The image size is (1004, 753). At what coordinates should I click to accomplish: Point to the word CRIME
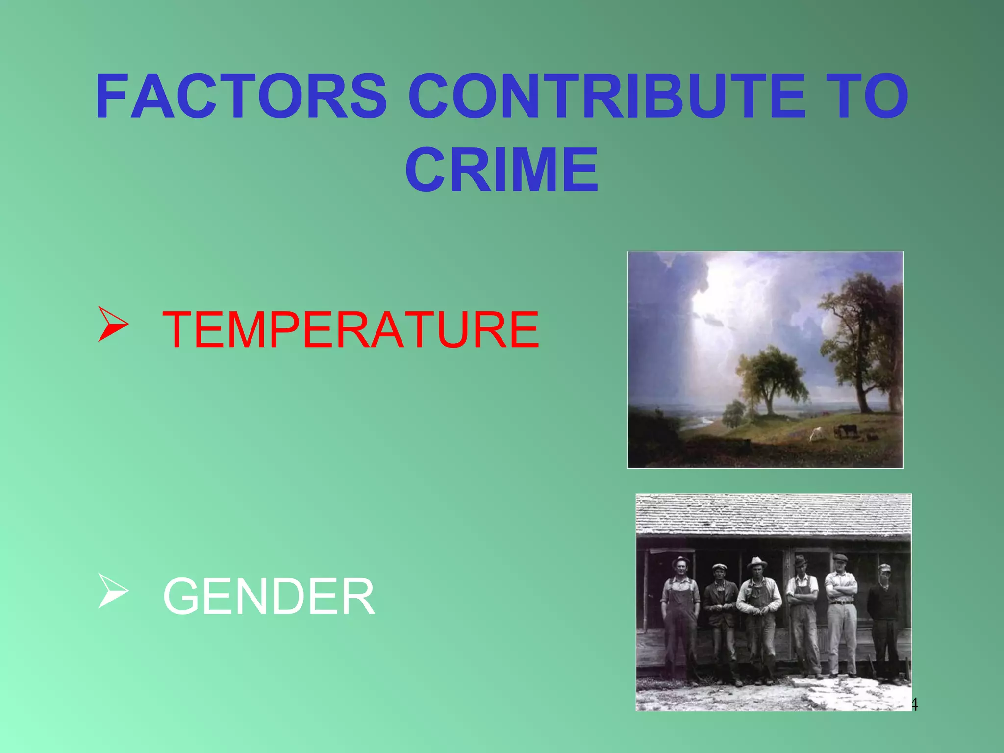coord(502,170)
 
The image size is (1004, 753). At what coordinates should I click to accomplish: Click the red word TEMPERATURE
coord(351,330)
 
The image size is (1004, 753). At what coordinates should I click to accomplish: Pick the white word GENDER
coord(269,597)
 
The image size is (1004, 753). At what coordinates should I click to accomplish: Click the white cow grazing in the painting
coord(817,433)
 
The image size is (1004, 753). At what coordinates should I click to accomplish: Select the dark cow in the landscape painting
coord(847,429)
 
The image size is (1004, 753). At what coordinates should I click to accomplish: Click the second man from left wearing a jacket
coord(721,613)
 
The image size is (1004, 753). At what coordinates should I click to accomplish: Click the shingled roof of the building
coord(774,515)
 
